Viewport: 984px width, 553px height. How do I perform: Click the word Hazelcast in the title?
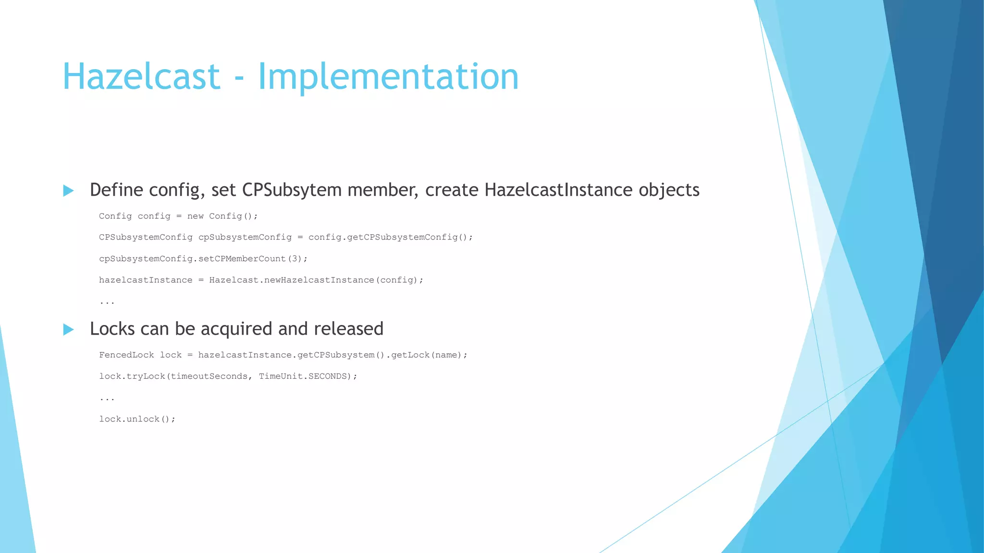(141, 77)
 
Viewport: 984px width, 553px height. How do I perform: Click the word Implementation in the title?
(388, 77)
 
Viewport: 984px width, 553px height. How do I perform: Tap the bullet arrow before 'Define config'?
(69, 191)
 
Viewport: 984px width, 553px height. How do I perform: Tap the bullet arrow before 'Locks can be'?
(69, 329)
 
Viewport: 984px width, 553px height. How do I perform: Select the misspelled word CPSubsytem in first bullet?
(292, 190)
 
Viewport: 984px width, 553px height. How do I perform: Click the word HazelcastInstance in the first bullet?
(558, 190)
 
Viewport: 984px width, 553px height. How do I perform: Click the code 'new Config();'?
(222, 216)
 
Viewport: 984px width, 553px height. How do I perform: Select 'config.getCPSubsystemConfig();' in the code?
(390, 237)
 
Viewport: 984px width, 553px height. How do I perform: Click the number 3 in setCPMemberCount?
(295, 259)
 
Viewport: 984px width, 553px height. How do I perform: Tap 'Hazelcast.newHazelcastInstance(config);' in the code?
(316, 280)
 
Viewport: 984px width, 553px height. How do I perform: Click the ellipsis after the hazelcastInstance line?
(107, 302)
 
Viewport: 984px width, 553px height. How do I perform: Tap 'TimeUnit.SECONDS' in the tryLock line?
(303, 376)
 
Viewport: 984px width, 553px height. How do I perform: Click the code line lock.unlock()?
(137, 419)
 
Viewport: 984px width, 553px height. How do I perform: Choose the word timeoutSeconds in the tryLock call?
(209, 376)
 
